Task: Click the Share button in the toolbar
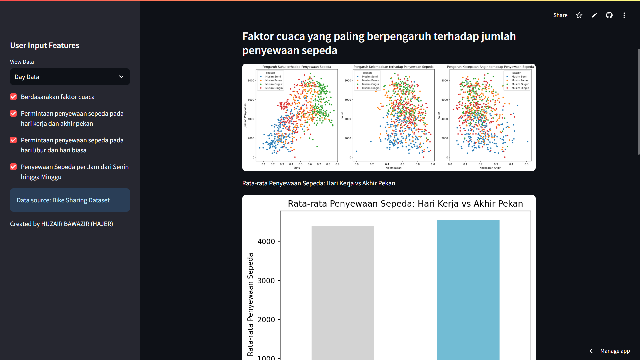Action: click(560, 15)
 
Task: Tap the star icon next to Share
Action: click(579, 15)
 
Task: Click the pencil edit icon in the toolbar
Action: click(594, 15)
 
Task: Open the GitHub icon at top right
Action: click(609, 15)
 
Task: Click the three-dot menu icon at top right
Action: click(624, 15)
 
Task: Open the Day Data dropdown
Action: click(70, 77)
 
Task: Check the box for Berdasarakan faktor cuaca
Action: click(13, 97)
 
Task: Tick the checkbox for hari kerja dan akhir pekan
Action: click(13, 113)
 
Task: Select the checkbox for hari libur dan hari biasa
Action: click(13, 140)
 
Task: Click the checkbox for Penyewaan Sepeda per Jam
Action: click(13, 167)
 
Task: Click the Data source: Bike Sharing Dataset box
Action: click(70, 200)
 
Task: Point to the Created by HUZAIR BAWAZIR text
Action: click(61, 224)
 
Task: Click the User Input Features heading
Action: click(45, 45)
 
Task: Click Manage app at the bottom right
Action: click(615, 351)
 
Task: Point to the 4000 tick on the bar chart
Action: click(266, 241)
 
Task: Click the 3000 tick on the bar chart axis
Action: click(266, 281)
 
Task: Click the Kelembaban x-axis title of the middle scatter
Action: click(393, 168)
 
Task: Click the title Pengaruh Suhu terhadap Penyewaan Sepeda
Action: click(297, 67)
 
